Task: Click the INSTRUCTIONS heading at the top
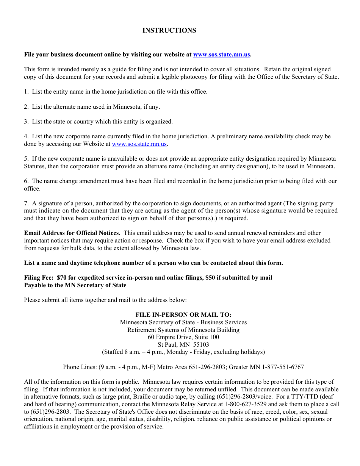pos(169,31)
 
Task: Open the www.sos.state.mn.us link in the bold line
pos(221,55)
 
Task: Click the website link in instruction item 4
pos(139,144)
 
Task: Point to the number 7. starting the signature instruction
pos(26,203)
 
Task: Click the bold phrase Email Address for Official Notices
pos(72,233)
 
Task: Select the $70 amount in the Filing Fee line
pos(61,278)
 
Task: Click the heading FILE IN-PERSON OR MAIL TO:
pos(183,315)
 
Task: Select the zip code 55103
pos(201,345)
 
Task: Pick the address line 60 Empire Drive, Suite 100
pos(183,337)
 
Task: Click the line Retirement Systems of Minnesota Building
pos(183,330)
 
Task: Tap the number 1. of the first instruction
pos(26,92)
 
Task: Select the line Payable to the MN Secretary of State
pos(75,285)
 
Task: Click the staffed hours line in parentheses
pos(183,352)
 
